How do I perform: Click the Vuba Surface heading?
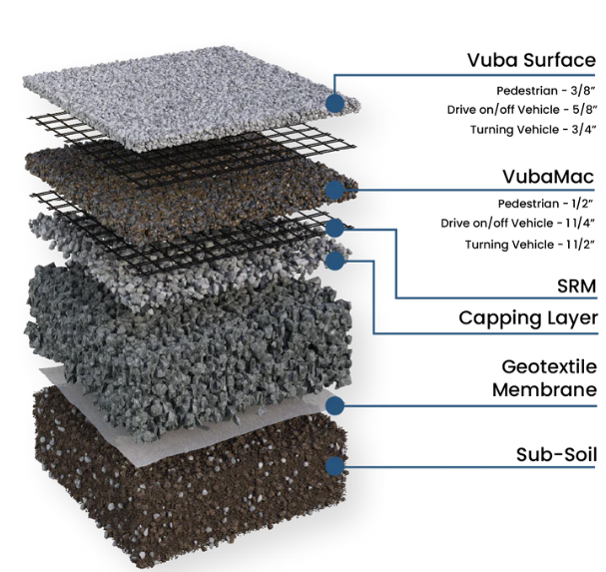coord(531,60)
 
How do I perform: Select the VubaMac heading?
coord(548,177)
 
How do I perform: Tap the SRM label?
coord(577,286)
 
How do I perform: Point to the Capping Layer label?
coord(528,318)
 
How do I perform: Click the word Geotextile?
coord(549,367)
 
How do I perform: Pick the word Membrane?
coord(544,389)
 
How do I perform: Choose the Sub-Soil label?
coord(556,454)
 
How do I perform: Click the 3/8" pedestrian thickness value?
coord(584,91)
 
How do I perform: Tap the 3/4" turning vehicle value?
coord(584,129)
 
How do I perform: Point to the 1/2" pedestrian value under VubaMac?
coord(584,204)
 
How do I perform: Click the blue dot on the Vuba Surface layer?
coord(334,103)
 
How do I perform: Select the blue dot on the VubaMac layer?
coord(334,190)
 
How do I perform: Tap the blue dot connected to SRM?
coord(334,228)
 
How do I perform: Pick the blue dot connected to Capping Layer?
coord(334,261)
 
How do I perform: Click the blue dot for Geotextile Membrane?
coord(334,405)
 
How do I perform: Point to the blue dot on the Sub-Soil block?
coord(334,466)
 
